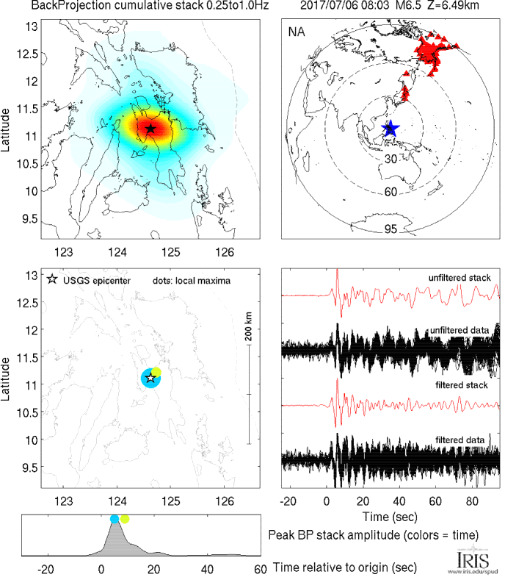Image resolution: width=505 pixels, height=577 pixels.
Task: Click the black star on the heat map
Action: pyautogui.click(x=150, y=129)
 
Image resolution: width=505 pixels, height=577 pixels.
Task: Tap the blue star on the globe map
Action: pyautogui.click(x=390, y=129)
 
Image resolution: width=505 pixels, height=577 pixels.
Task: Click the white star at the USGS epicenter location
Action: pyautogui.click(x=150, y=378)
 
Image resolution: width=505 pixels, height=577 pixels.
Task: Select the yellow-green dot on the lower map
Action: pyautogui.click(x=156, y=372)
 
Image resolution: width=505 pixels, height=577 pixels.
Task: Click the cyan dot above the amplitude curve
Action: pyautogui.click(x=115, y=519)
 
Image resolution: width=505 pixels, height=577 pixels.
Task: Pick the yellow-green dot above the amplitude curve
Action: pyautogui.click(x=125, y=519)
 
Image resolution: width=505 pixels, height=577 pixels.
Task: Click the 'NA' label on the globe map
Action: pyautogui.click(x=297, y=32)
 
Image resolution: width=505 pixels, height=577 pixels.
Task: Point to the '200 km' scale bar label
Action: pyautogui.click(x=249, y=326)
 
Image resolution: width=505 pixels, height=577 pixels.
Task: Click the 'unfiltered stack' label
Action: pyautogui.click(x=459, y=278)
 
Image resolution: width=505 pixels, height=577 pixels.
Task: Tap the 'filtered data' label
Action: pyautogui.click(x=459, y=440)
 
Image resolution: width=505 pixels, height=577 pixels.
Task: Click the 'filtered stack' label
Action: pyautogui.click(x=462, y=385)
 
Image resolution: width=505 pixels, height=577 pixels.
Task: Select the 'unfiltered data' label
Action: pyautogui.click(x=459, y=331)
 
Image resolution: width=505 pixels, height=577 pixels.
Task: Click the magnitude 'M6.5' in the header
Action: pyautogui.click(x=408, y=6)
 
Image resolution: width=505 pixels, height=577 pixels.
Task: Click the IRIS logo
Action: pyautogui.click(x=473, y=561)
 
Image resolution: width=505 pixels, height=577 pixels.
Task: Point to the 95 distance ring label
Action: pyautogui.click(x=390, y=229)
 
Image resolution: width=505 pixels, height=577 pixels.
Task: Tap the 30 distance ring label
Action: pyautogui.click(x=390, y=159)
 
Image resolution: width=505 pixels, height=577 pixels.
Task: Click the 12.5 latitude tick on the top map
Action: pyautogui.click(x=27, y=54)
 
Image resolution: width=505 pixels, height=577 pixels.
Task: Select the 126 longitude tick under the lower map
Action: pyautogui.click(x=225, y=501)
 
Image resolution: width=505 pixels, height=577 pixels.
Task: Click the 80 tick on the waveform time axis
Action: pyautogui.click(x=472, y=501)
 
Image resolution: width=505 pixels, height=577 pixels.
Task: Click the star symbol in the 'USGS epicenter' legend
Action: pyautogui.click(x=52, y=279)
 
